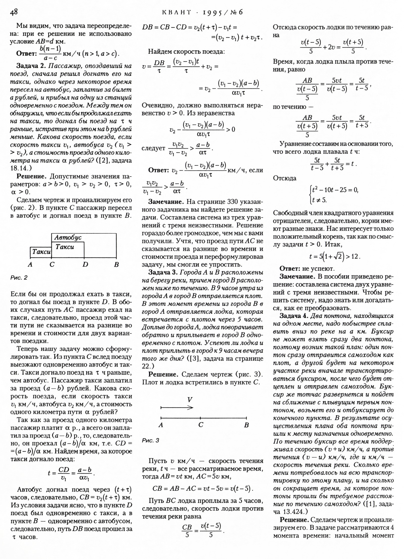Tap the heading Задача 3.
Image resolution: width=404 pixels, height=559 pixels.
point(164,273)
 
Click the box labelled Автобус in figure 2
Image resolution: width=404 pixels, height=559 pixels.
point(68,237)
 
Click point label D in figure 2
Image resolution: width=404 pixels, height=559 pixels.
point(85,264)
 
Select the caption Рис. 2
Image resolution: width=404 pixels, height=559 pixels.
point(19,278)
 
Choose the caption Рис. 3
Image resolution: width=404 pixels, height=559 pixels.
point(150,441)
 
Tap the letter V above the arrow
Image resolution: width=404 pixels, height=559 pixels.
point(190,400)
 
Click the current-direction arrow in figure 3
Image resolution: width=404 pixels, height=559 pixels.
point(177,407)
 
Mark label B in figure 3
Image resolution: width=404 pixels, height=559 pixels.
point(246,425)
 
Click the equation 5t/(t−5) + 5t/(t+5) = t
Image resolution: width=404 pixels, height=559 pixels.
point(333,164)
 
